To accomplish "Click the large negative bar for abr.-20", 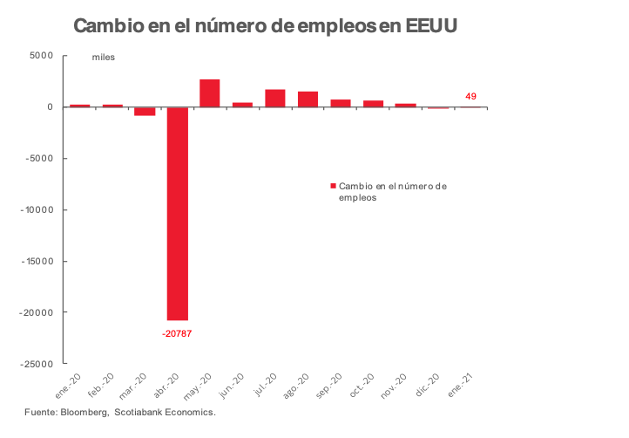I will click(177, 214).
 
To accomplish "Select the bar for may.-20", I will click(209, 93).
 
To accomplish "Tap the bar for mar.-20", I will click(145, 111).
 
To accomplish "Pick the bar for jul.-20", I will click(275, 98).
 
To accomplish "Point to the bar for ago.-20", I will click(308, 99).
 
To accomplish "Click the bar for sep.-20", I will click(341, 103).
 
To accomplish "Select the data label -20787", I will click(178, 332).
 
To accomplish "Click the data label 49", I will click(470, 96).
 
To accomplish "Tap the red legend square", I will click(332, 186).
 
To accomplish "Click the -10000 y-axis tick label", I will click(37, 209).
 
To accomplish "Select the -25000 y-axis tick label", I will click(37, 364).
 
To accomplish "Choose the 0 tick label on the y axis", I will click(51, 107).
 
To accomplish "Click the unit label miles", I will click(104, 58).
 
